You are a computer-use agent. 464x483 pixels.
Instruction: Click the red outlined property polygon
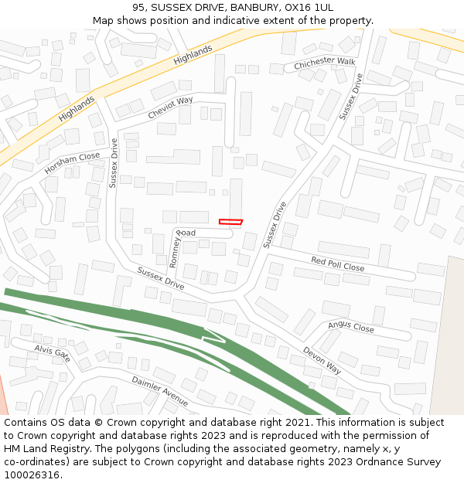click(x=230, y=222)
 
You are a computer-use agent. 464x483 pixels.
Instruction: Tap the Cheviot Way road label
click(x=170, y=107)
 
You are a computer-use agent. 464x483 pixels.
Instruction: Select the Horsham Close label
click(x=72, y=162)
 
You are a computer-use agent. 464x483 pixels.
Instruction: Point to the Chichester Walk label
click(x=324, y=63)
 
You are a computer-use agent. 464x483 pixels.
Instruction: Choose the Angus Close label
click(x=350, y=328)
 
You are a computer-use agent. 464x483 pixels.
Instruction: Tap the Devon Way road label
click(x=322, y=361)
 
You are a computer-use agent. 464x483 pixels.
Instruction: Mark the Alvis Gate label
click(x=52, y=353)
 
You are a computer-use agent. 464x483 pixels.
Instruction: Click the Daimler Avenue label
click(x=159, y=391)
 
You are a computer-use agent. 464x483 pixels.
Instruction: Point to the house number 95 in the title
click(x=139, y=8)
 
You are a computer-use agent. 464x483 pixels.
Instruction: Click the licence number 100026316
click(x=32, y=475)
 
